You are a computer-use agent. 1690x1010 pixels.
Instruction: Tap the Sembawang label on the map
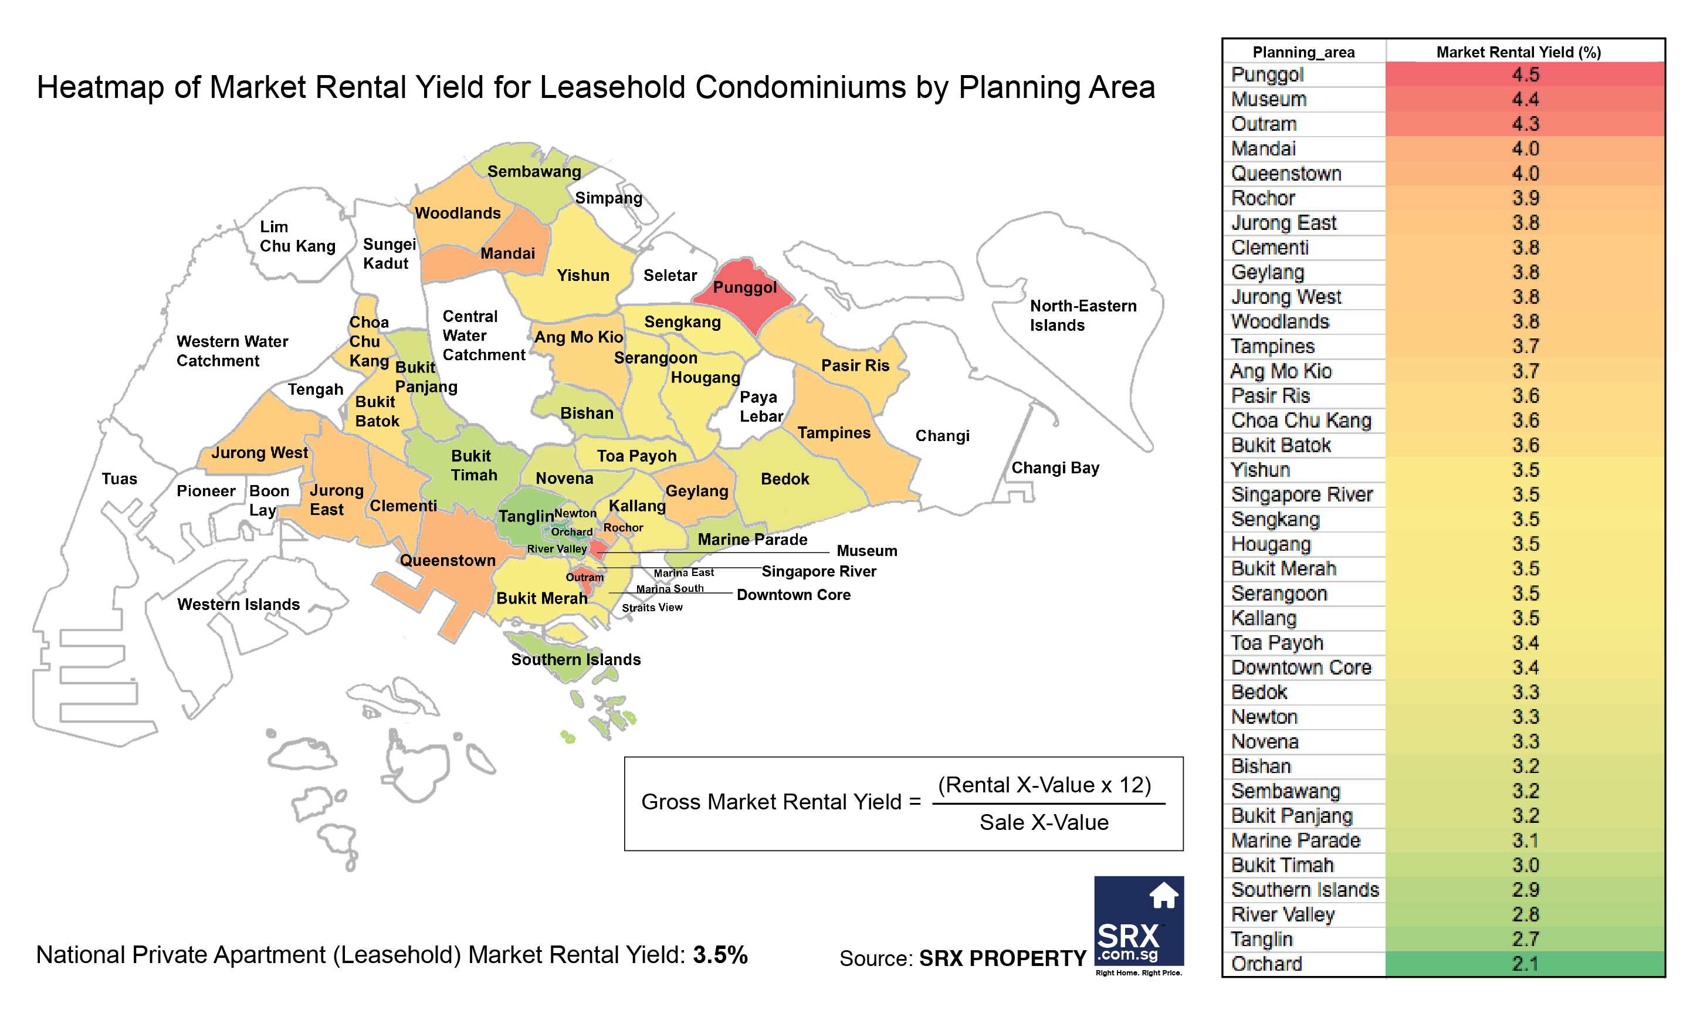click(534, 171)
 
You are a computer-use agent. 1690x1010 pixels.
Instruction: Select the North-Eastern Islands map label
click(1082, 315)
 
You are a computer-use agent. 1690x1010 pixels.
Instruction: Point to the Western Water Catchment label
click(231, 351)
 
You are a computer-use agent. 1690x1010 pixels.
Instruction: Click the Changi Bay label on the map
click(1054, 467)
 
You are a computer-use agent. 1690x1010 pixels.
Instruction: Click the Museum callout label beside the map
click(866, 551)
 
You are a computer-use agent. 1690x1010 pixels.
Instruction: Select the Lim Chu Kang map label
click(297, 236)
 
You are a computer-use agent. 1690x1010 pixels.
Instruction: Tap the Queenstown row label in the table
click(1286, 174)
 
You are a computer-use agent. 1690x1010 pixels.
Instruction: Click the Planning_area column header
click(1303, 52)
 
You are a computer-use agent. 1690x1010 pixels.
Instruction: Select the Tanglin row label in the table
click(1261, 939)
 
